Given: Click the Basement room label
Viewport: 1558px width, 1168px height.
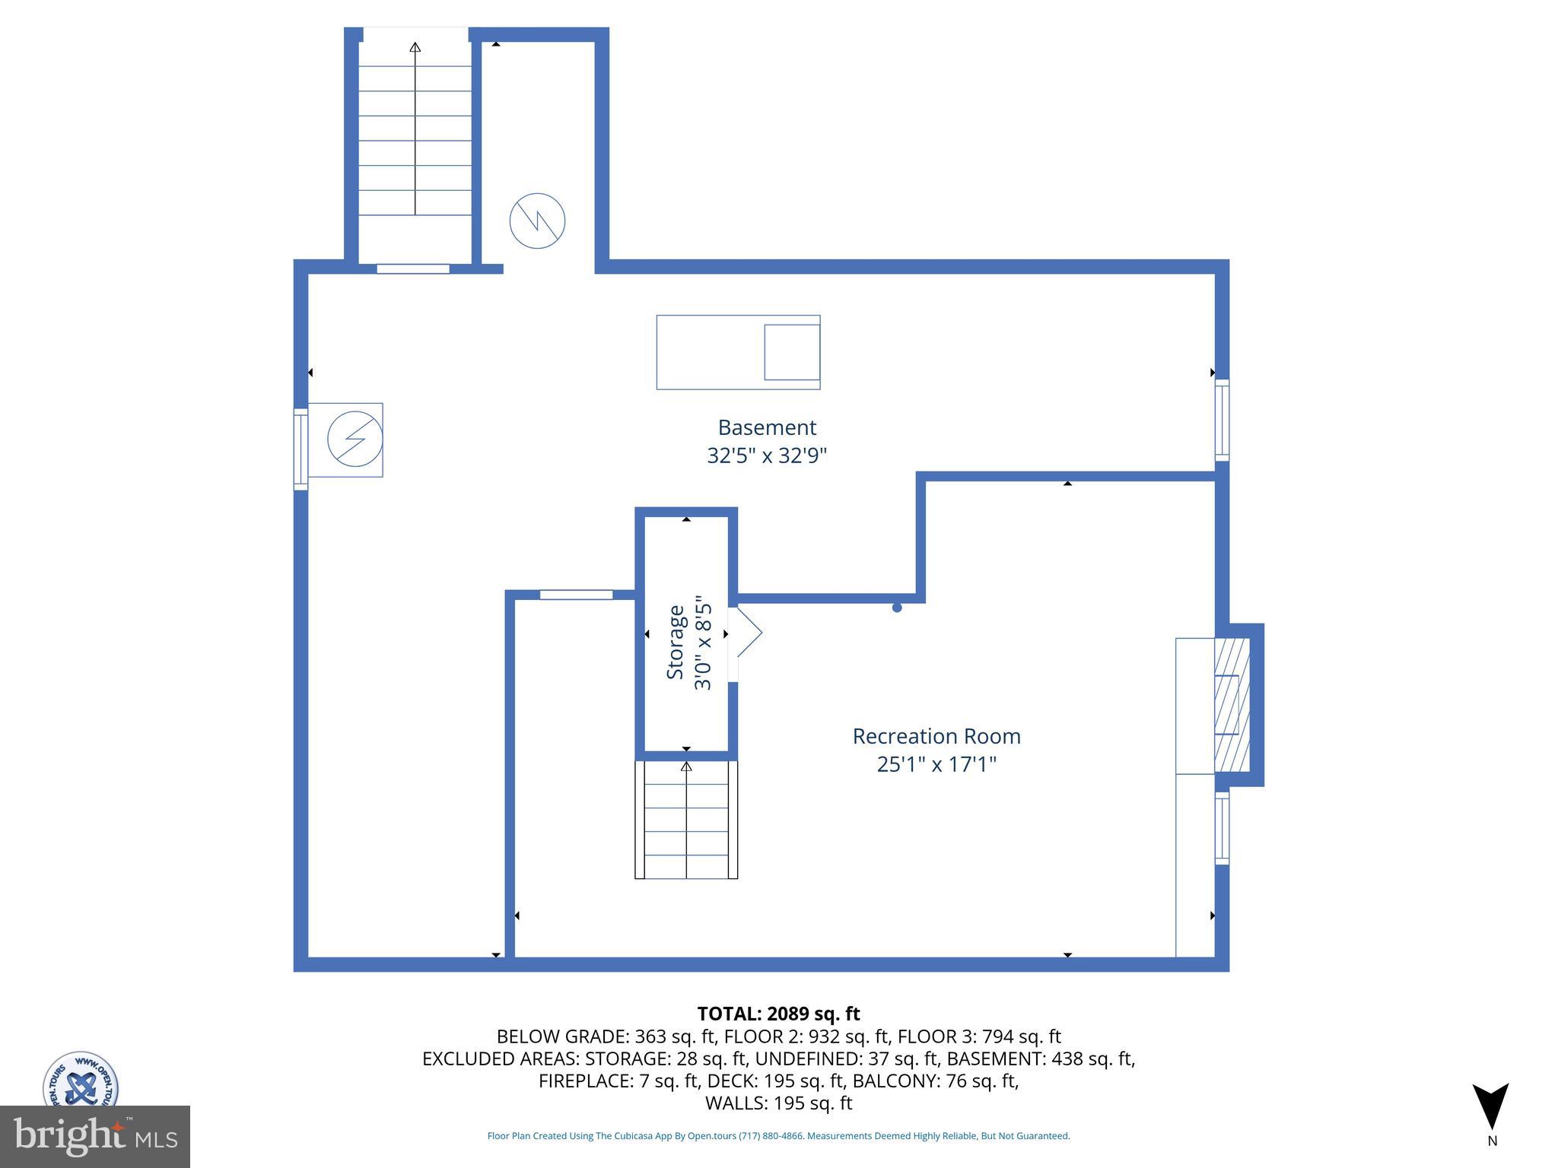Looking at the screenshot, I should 767,427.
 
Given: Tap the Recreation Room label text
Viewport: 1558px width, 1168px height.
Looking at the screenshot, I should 936,736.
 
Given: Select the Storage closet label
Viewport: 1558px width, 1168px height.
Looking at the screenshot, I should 676,643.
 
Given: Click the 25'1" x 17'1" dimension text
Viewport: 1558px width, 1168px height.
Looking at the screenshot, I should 936,764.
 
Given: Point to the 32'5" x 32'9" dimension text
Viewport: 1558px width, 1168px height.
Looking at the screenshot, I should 767,455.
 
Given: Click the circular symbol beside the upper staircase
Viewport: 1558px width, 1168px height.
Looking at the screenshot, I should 537,221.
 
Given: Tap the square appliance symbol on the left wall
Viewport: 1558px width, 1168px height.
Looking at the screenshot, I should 346,440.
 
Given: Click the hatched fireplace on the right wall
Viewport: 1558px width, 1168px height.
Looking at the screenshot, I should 1232,704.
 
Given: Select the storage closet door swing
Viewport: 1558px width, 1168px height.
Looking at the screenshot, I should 747,631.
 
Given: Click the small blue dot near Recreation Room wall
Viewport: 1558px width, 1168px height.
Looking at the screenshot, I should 897,608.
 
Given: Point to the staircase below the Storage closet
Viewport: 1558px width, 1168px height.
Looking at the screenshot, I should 686,820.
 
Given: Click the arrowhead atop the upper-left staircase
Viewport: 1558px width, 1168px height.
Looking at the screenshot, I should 415,47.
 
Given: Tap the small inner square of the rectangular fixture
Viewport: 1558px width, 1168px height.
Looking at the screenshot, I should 792,352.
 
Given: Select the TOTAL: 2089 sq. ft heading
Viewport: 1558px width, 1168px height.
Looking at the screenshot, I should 778,1014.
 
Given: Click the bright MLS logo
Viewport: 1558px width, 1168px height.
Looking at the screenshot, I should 94,1136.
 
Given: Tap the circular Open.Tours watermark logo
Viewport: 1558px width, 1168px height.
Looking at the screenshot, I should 81,1081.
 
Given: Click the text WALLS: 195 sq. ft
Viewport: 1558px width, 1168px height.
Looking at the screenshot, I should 778,1103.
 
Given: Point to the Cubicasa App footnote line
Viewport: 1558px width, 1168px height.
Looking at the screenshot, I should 778,1136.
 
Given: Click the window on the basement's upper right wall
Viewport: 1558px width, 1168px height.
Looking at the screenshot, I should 1222,420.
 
